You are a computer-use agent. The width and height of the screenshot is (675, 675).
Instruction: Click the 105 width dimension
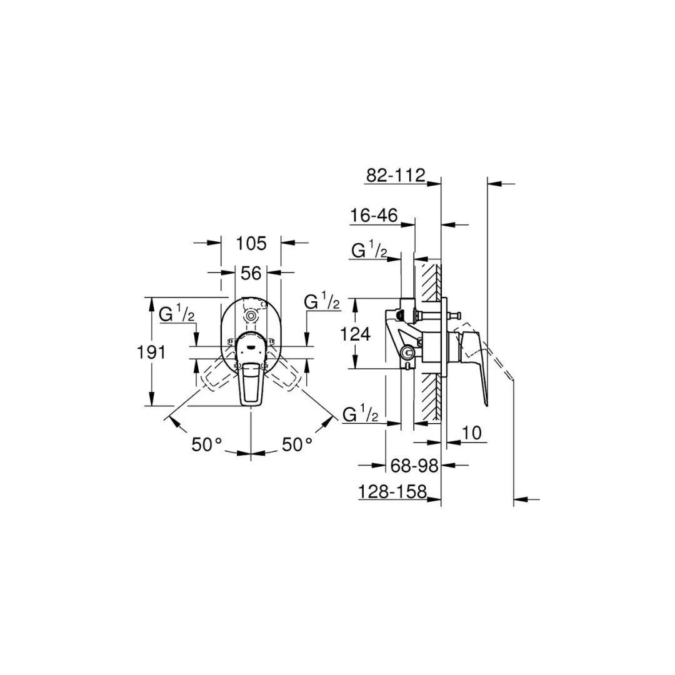click(251, 243)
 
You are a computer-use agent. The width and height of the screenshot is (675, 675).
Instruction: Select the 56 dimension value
click(251, 272)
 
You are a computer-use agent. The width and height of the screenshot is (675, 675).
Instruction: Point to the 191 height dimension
click(151, 352)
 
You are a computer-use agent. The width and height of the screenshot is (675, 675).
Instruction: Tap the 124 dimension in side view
click(355, 334)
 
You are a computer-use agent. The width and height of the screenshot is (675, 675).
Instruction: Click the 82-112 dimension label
click(395, 175)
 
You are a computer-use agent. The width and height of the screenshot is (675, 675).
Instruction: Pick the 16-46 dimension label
click(374, 216)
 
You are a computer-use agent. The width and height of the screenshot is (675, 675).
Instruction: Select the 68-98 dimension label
click(414, 465)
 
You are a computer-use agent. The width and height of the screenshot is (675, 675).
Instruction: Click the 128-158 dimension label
click(392, 492)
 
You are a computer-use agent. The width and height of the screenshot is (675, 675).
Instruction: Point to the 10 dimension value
click(473, 433)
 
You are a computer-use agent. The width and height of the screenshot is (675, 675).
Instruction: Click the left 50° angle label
click(207, 445)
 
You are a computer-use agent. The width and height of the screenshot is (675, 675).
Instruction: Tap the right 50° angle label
click(297, 445)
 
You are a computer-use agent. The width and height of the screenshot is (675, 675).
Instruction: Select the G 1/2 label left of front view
click(177, 314)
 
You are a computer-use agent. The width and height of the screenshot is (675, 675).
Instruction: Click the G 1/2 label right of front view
click(322, 302)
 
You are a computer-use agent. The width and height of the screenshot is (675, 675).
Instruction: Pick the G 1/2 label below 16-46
click(369, 251)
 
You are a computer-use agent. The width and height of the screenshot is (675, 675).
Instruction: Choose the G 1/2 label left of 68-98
click(361, 414)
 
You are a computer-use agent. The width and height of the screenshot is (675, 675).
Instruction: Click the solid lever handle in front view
click(251, 375)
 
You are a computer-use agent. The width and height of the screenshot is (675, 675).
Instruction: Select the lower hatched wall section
click(429, 397)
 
